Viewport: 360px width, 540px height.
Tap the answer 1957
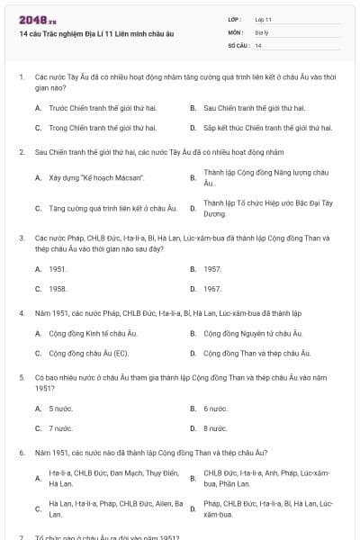click(212, 268)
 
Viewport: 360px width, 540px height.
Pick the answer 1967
click(212, 289)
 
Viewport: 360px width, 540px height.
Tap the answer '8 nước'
click(215, 428)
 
